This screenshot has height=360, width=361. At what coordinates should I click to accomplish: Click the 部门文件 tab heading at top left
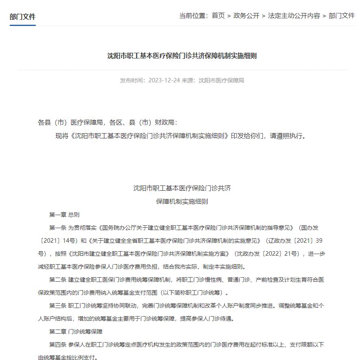pyautogui.click(x=23, y=17)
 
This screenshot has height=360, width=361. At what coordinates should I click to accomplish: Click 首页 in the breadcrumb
pyautogui.click(x=218, y=16)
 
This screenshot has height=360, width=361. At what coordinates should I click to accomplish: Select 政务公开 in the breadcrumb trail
pyautogui.click(x=246, y=16)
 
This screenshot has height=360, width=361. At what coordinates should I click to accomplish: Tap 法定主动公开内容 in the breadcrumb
pyautogui.click(x=294, y=16)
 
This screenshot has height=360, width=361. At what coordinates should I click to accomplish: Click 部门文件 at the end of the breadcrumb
pyautogui.click(x=342, y=16)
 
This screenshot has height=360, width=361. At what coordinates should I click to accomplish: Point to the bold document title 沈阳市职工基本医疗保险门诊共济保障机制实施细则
pyautogui.click(x=182, y=56)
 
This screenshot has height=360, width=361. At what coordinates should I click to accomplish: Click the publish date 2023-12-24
pyautogui.click(x=164, y=80)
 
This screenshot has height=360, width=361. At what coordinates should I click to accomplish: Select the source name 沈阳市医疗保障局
pyautogui.click(x=221, y=80)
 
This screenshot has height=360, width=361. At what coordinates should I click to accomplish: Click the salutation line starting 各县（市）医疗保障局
pyautogui.click(x=108, y=122)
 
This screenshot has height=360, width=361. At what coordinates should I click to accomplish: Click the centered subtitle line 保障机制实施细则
pyautogui.click(x=182, y=201)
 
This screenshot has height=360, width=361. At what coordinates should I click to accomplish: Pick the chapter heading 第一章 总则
pyautogui.click(x=65, y=215)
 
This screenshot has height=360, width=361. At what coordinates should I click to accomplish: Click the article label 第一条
pyautogui.click(x=58, y=228)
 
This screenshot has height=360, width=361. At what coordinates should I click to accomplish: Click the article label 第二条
pyautogui.click(x=58, y=280)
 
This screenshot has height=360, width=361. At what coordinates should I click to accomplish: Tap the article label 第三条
pyautogui.click(x=58, y=306)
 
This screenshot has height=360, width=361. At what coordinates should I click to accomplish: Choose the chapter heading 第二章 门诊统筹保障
pyautogui.click(x=76, y=332)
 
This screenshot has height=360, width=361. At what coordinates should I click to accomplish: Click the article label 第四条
pyautogui.click(x=58, y=345)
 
